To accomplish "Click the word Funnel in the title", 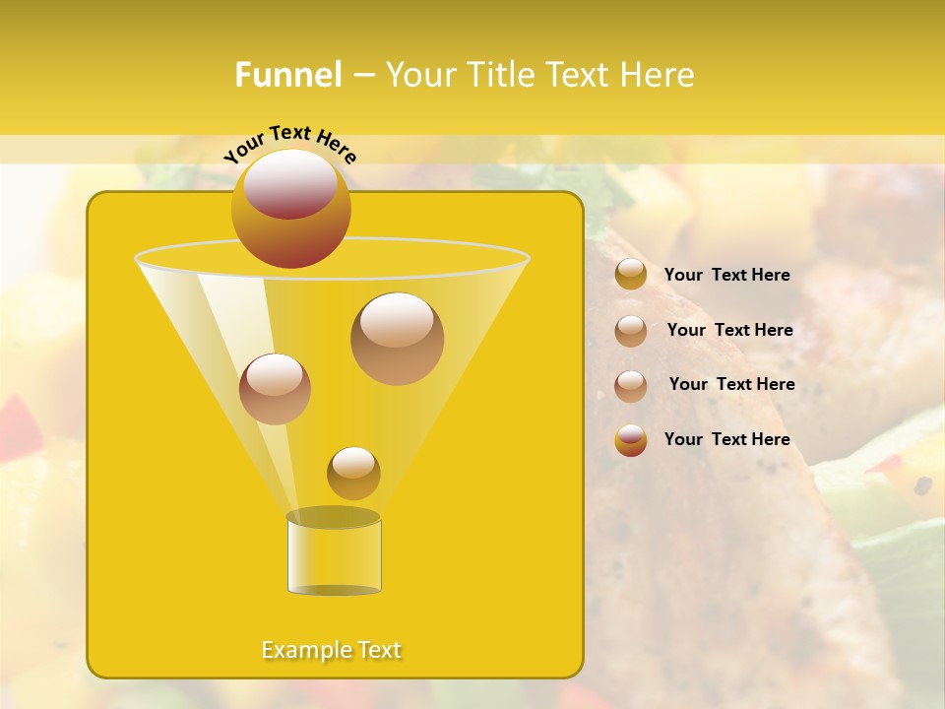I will pos(287,75).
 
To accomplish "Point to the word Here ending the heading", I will pos(656,75).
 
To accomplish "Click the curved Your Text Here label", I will pos(290,142).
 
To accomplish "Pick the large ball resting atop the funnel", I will pos(290,208).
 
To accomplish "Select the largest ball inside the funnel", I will pos(397,339).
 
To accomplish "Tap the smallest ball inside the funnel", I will pos(353,473).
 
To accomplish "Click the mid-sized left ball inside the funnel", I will pos(275,389).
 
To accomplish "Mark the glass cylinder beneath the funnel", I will pos(334,556).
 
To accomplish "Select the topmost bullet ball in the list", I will pos(631,275).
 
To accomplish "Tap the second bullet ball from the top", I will pos(631,331).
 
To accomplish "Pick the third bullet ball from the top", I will pos(631,386).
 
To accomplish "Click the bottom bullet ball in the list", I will pos(631,440).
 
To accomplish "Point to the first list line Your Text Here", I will pos(726,276).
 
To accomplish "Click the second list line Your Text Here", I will pos(729,331).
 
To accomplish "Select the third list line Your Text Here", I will pos(731,385).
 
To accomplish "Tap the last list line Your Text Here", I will pos(726,439).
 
